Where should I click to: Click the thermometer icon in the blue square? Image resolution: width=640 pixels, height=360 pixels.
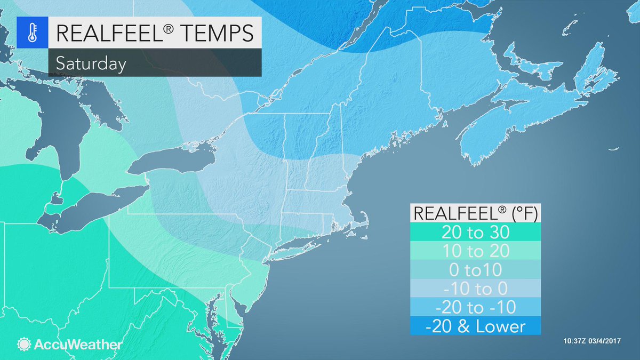point(31,31)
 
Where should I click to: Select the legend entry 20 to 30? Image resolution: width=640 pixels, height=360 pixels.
point(476,233)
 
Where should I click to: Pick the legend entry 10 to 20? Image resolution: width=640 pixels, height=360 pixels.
point(476,251)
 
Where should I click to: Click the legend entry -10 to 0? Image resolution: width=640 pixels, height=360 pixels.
point(476,289)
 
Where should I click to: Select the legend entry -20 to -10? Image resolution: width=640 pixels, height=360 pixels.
point(476,307)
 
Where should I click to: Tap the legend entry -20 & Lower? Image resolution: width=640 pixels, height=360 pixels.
point(476,326)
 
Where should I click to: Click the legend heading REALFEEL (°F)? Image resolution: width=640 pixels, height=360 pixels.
point(476,213)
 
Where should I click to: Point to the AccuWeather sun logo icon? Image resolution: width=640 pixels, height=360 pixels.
point(24,344)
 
